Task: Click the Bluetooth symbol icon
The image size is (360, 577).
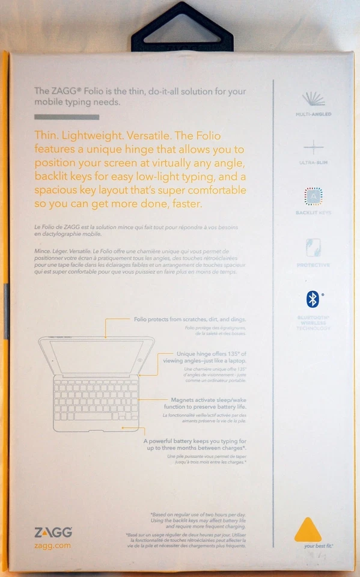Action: click(x=313, y=299)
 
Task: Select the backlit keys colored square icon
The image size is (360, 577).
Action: click(x=313, y=197)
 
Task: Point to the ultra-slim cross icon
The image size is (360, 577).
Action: click(x=313, y=147)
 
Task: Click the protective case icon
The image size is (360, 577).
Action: click(x=313, y=247)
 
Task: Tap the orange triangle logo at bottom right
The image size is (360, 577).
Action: click(x=308, y=530)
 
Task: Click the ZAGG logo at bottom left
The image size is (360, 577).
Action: click(x=53, y=532)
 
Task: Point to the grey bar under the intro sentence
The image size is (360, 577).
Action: click(x=66, y=117)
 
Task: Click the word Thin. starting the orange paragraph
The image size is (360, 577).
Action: click(x=47, y=136)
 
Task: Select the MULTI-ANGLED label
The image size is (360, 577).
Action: click(x=313, y=114)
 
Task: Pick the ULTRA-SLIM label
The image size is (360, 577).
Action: click(x=313, y=163)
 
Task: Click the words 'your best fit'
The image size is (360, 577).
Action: click(x=318, y=546)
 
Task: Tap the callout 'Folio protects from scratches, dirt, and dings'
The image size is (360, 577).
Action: click(x=189, y=319)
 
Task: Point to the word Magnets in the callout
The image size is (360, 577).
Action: click(x=186, y=399)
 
